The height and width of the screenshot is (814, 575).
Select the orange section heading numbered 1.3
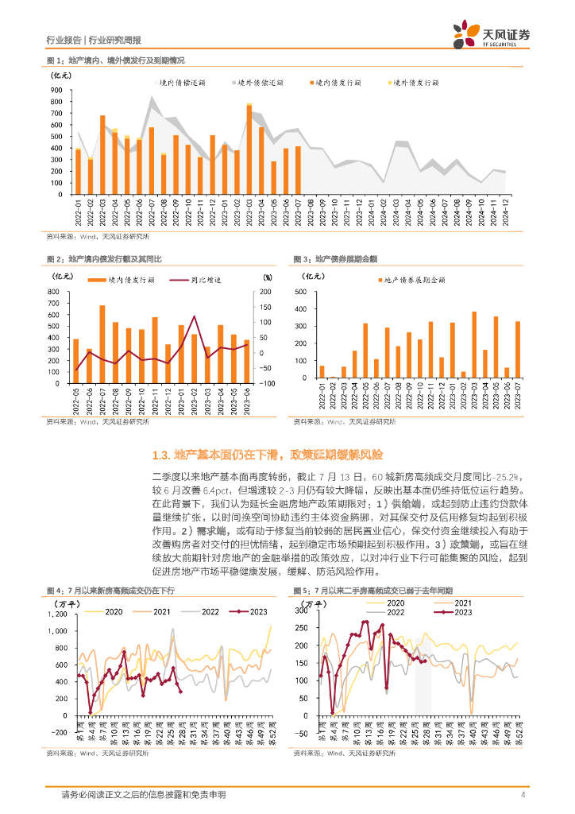tap(267, 455)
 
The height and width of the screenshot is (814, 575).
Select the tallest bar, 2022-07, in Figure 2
tap(102, 343)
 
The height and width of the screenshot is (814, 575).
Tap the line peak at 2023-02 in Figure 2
tap(195, 316)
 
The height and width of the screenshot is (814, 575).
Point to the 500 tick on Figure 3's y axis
tap(300, 292)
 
